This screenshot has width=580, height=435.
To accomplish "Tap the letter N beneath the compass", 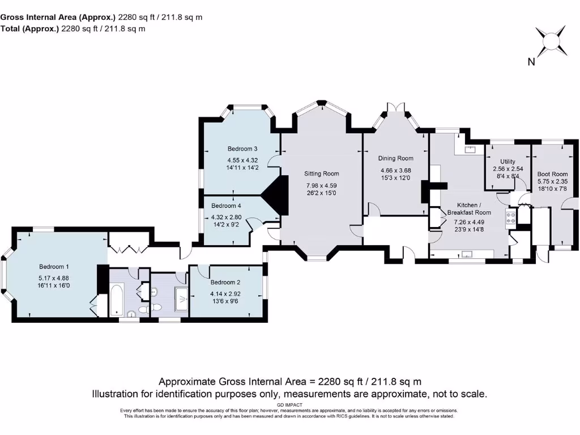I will [531, 62].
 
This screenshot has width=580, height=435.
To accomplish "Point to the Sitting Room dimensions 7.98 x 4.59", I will [321, 185].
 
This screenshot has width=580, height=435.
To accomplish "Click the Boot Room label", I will [552, 174].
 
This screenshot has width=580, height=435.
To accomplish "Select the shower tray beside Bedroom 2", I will [182, 297].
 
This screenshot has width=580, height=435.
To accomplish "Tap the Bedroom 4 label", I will [226, 206].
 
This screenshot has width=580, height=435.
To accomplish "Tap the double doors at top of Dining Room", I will [395, 108].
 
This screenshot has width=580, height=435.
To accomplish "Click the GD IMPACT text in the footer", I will [289, 405].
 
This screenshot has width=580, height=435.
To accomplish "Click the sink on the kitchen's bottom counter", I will [468, 254].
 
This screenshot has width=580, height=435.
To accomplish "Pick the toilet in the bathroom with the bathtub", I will [156, 306].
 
